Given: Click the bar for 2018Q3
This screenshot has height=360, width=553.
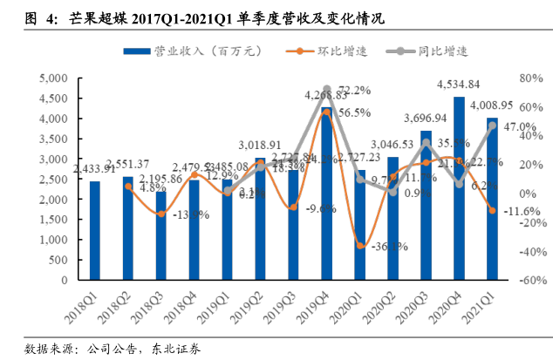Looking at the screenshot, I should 160,235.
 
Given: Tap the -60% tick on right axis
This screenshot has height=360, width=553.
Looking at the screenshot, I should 527,282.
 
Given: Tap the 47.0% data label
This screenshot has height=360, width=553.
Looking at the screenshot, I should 521,127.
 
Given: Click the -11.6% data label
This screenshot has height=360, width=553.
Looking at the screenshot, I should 523,212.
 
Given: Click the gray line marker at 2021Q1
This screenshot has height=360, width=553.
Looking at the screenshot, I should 492,126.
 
